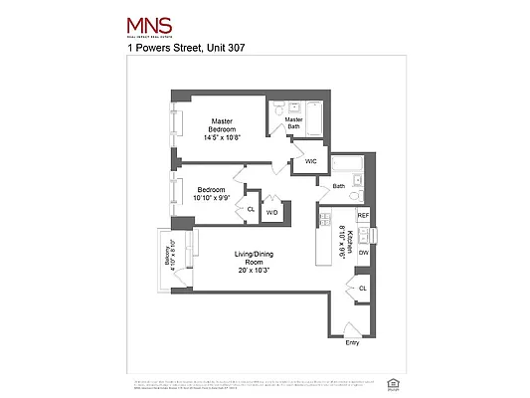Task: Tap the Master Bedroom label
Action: (x=221, y=128)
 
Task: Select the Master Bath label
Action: (x=294, y=122)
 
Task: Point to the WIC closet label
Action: (x=311, y=160)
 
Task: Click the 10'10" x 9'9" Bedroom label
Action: (x=212, y=193)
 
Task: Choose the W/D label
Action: (x=271, y=211)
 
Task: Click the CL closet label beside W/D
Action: (x=250, y=210)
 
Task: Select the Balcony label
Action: (x=171, y=256)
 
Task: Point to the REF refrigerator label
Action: (x=363, y=216)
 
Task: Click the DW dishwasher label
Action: (x=363, y=254)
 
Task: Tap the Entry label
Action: (x=352, y=343)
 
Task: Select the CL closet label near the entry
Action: (x=363, y=289)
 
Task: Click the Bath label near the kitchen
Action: (x=339, y=186)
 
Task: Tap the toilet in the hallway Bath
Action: (x=361, y=193)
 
